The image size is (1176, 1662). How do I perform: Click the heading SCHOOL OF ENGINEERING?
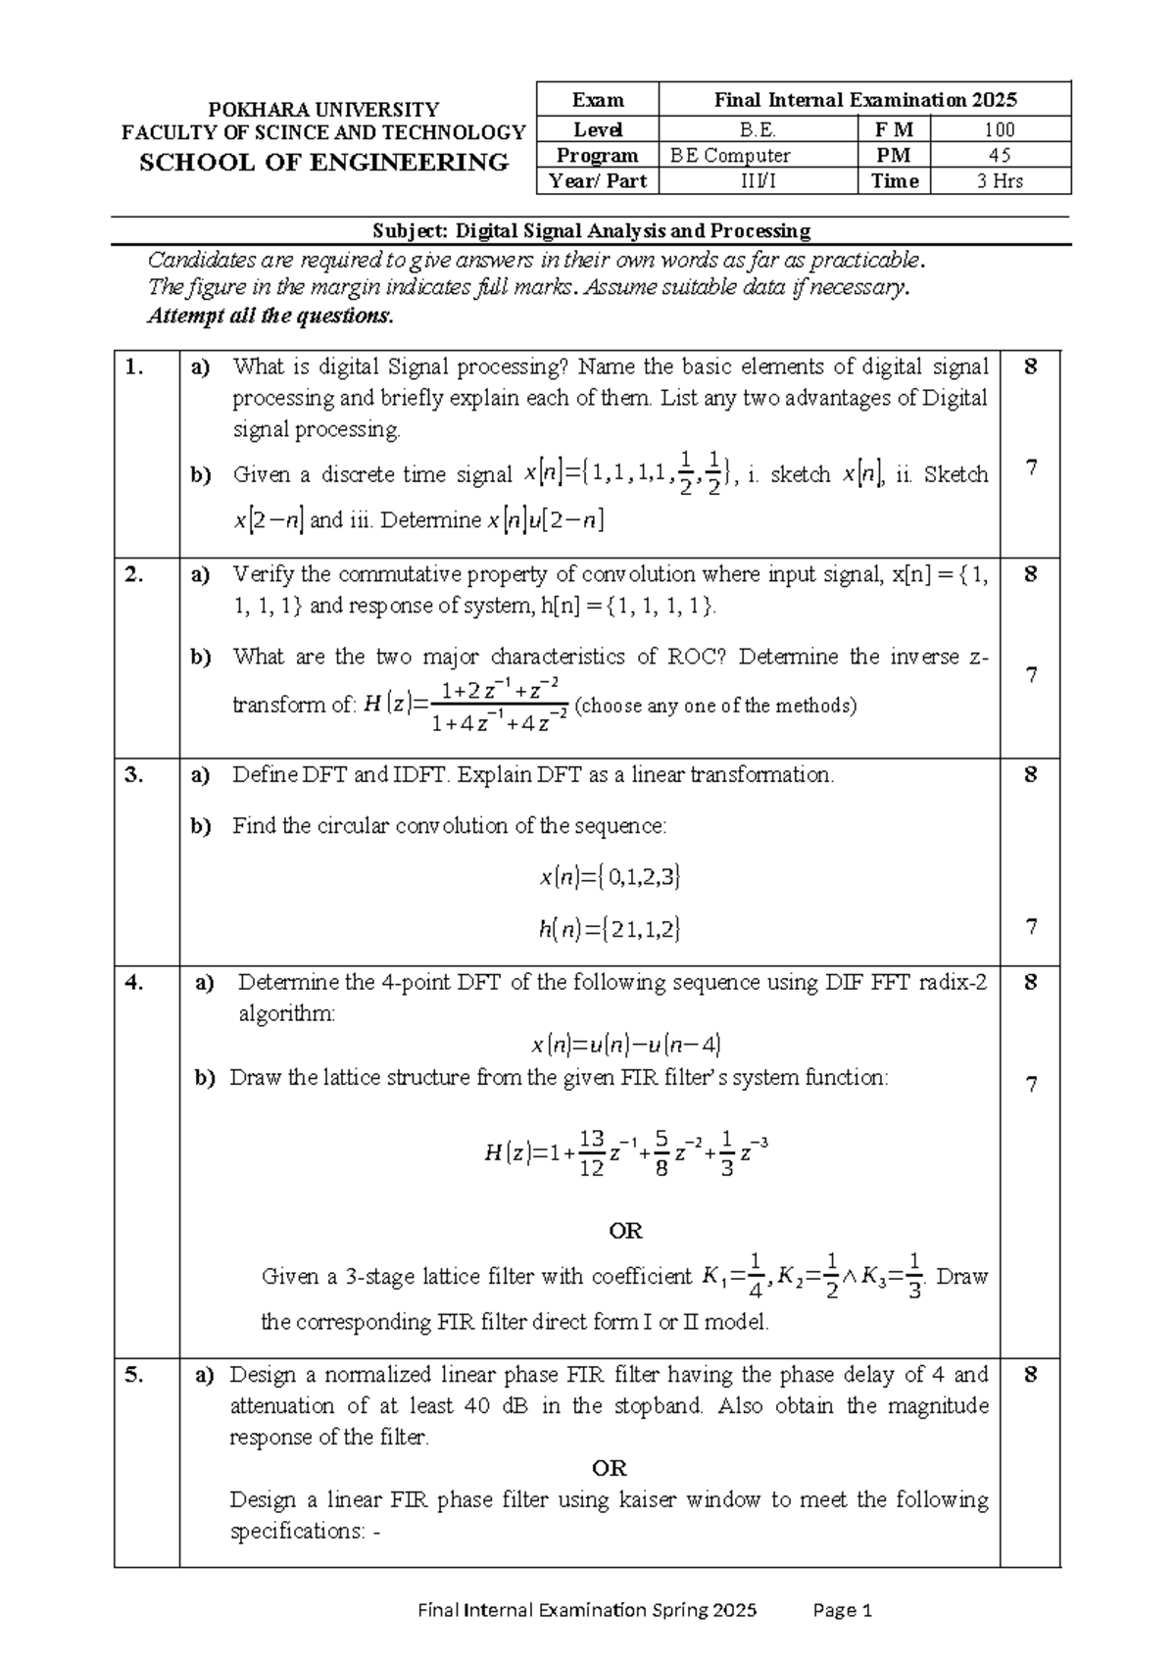(x=323, y=163)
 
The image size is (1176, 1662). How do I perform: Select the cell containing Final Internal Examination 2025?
(x=864, y=100)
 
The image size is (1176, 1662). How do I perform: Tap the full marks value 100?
(x=1000, y=129)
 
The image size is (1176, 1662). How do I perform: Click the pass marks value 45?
(x=1000, y=155)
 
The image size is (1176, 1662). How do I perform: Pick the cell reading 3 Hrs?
(x=1000, y=181)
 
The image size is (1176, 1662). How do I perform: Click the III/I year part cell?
(x=758, y=181)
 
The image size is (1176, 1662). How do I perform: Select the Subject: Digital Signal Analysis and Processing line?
(x=591, y=231)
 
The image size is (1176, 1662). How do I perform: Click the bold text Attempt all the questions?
(x=270, y=317)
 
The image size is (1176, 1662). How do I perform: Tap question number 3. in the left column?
(x=135, y=775)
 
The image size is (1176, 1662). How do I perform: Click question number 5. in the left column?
(x=135, y=1375)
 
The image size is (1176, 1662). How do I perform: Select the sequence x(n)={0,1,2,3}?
(x=610, y=876)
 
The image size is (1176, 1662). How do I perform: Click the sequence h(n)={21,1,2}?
(x=610, y=928)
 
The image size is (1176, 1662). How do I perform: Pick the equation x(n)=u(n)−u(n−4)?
(x=626, y=1045)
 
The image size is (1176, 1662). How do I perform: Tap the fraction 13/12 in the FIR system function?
(x=591, y=1153)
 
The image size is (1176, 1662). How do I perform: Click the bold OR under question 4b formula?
(x=625, y=1231)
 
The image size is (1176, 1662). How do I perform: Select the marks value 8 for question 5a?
(x=1030, y=1375)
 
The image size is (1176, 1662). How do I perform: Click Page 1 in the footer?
(x=843, y=1610)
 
